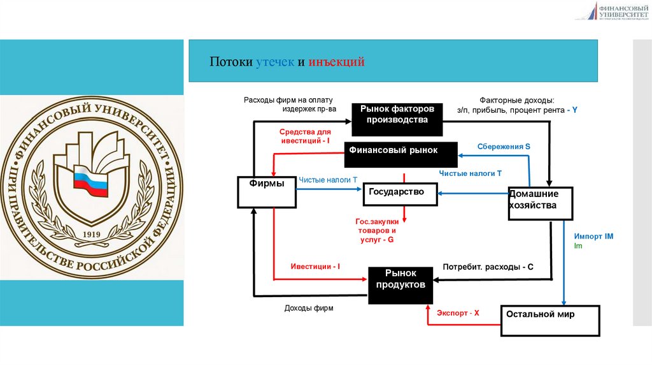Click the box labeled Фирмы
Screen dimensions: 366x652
point(267,191)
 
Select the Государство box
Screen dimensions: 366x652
point(400,194)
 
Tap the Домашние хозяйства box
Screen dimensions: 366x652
point(540,203)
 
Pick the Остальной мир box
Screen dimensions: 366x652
point(550,321)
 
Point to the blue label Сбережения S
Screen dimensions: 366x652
point(504,147)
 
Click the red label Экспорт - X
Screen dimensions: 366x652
point(457,313)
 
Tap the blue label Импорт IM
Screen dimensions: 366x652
point(593,236)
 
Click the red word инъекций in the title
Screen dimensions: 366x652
point(336,62)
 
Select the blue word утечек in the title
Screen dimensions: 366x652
point(275,62)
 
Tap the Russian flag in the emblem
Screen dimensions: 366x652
point(89,178)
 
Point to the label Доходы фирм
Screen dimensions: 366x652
point(309,308)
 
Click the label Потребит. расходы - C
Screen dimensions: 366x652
point(488,267)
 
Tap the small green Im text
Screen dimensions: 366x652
point(578,245)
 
